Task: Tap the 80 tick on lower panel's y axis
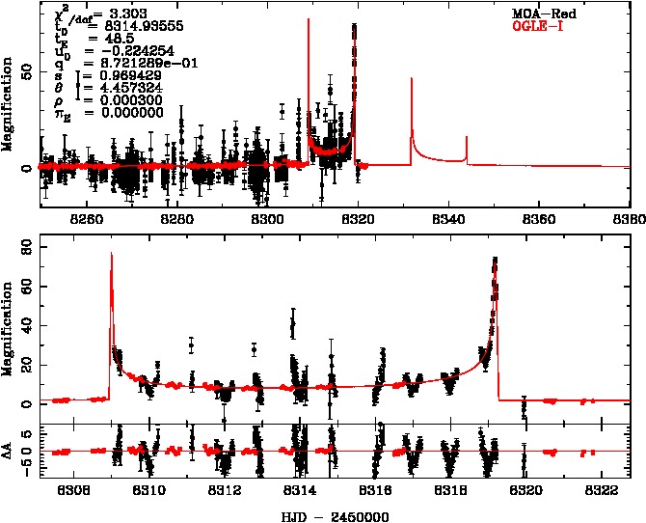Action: click(26, 248)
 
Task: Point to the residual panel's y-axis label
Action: click(9, 450)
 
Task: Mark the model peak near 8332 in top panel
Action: click(412, 79)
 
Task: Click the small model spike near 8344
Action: click(467, 137)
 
